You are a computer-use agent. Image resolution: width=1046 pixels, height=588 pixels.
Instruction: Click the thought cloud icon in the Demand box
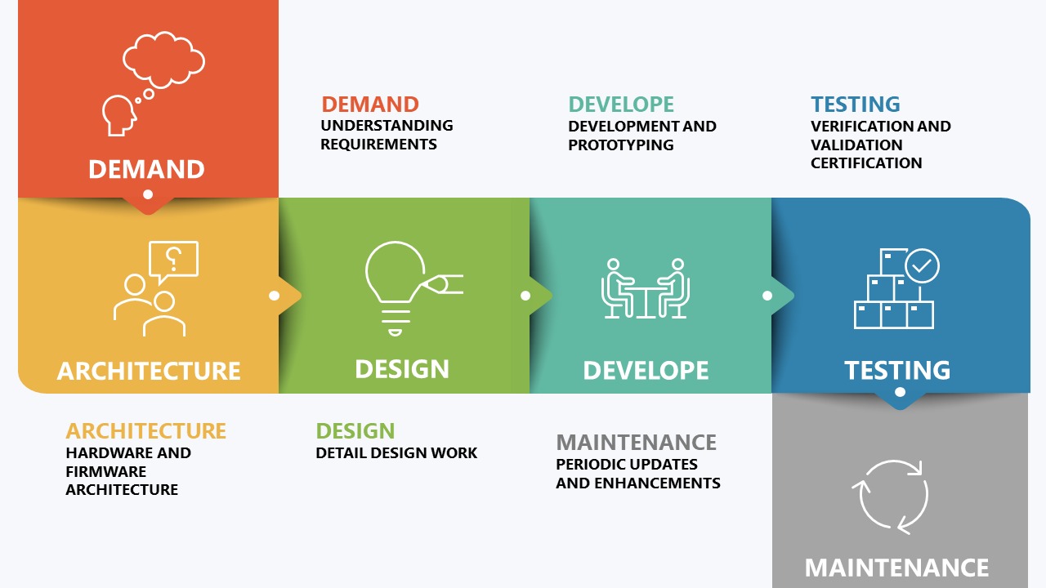[163, 60]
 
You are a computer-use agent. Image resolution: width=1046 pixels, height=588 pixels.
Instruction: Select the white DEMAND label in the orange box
[146, 169]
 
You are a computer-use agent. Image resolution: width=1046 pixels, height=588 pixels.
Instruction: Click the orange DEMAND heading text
[370, 105]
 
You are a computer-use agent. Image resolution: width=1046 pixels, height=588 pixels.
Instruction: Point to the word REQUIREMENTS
[378, 145]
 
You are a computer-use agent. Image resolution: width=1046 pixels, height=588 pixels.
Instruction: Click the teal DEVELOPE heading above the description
[621, 105]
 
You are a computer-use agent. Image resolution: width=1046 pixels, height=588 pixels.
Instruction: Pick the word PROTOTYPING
[620, 145]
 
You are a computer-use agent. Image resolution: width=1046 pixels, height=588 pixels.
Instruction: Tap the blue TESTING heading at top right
[856, 105]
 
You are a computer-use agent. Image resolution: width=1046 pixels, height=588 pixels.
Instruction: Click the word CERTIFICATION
[866, 163]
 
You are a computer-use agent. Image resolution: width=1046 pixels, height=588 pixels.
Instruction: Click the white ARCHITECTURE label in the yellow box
[149, 372]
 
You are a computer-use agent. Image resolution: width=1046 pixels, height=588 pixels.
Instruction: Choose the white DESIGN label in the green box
[402, 369]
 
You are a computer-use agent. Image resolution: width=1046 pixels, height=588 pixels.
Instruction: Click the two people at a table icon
[646, 288]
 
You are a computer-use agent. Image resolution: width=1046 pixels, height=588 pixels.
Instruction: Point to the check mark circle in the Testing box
[922, 265]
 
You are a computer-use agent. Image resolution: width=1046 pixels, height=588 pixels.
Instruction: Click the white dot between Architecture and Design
[274, 296]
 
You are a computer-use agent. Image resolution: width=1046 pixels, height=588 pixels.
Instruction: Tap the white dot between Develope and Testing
[767, 296]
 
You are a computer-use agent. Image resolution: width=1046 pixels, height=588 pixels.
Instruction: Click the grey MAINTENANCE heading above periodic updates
[636, 443]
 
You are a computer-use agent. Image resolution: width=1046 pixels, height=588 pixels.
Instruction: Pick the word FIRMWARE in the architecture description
[106, 472]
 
